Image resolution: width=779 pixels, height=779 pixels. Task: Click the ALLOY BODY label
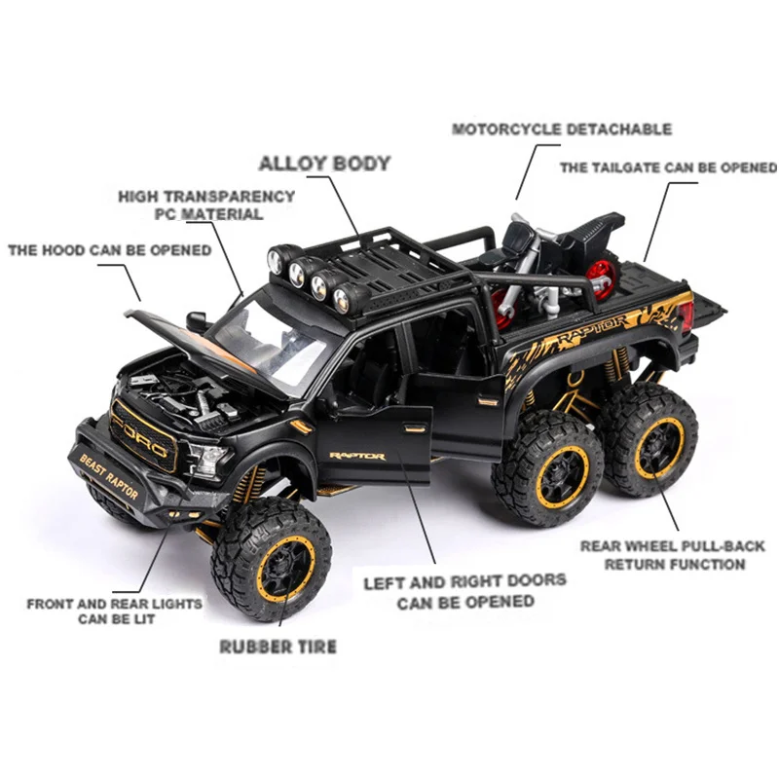(x=324, y=164)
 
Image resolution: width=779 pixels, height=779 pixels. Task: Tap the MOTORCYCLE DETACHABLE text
(x=562, y=129)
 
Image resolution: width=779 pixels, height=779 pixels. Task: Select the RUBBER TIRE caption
(x=278, y=646)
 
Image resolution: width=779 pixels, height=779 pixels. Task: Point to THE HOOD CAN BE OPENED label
(x=109, y=250)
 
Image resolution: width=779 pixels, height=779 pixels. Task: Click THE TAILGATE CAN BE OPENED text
(x=668, y=167)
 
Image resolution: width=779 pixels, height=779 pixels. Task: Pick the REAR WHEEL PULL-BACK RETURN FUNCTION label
(x=673, y=555)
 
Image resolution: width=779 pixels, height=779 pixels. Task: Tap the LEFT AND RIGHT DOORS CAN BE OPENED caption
(x=464, y=591)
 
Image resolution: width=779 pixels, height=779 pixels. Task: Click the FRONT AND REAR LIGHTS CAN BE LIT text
(x=114, y=612)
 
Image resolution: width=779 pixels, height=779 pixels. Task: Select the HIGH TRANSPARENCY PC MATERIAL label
(x=206, y=204)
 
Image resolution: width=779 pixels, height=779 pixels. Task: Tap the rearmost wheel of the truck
(x=649, y=439)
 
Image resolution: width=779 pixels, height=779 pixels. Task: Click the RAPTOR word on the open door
(x=356, y=455)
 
